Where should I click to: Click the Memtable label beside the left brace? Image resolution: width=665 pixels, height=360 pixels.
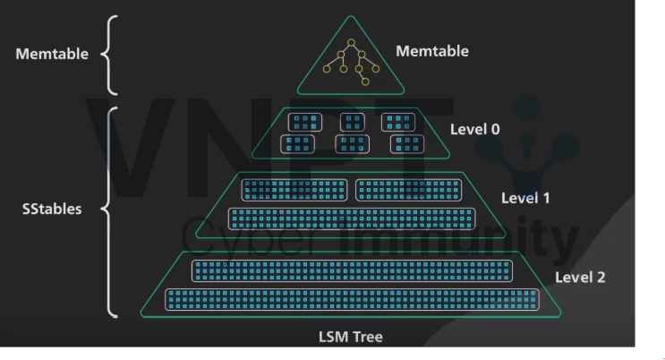pos(52,54)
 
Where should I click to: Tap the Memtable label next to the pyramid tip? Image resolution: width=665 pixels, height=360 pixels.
pos(431,51)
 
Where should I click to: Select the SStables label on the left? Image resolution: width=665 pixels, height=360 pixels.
pos(51,210)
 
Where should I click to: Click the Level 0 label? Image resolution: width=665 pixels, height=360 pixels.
pos(475,129)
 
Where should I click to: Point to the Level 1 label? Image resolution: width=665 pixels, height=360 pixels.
pos(525,198)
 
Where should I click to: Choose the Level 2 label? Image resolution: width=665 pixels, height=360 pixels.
pos(580,277)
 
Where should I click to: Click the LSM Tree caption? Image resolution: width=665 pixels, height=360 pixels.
pos(349,337)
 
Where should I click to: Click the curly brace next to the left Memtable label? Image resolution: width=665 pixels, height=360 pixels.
pos(110,54)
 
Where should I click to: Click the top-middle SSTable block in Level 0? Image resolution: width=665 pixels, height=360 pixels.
pos(354,122)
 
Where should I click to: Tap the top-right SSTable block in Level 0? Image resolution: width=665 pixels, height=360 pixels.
pos(398,122)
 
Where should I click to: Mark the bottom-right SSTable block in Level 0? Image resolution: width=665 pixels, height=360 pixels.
pos(406,143)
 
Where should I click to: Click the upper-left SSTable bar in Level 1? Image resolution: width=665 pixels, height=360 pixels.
pos(296,190)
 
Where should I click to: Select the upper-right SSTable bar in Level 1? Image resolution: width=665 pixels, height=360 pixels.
pos(409,190)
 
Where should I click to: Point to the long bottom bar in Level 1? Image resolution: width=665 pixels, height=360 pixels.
pos(351,218)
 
